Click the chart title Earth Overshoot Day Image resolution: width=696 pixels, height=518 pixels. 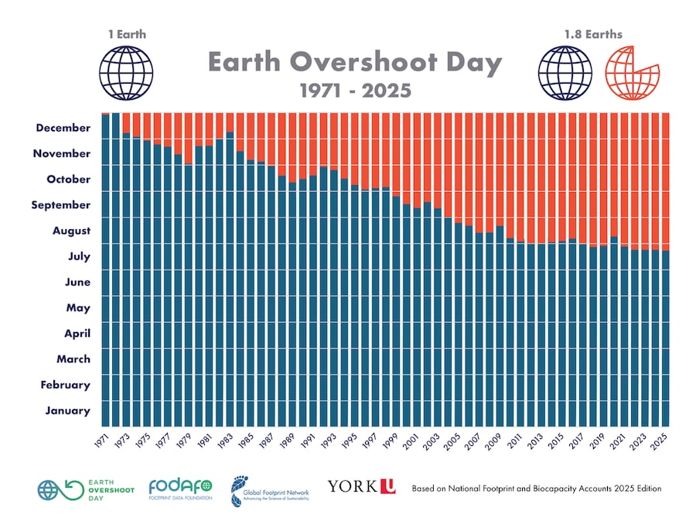click(x=354, y=63)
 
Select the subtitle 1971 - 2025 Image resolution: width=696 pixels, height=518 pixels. click(x=355, y=91)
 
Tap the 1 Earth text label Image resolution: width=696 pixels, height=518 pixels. click(x=126, y=34)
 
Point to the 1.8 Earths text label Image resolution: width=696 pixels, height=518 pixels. click(x=593, y=34)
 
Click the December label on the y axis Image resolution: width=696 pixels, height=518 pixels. click(x=63, y=128)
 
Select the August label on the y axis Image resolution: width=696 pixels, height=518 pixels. click(x=71, y=231)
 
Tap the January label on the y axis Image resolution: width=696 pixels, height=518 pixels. click(x=67, y=410)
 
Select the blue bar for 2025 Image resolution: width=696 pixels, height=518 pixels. click(x=665, y=337)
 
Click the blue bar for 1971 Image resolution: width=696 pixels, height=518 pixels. click(x=105, y=271)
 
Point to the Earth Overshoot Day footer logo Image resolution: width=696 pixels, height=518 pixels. click(x=86, y=489)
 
